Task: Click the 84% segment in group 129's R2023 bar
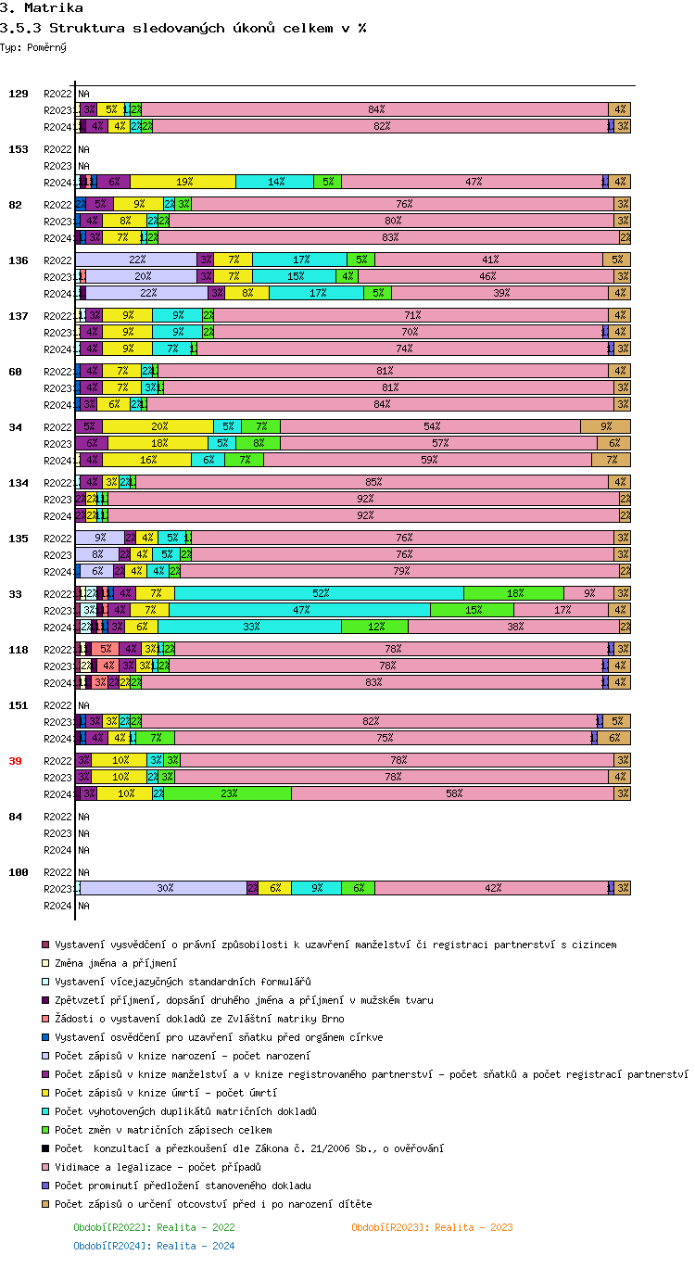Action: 375,109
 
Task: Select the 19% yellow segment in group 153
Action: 183,182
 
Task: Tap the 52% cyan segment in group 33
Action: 319,593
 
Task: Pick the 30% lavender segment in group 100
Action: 164,888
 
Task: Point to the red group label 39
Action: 15,761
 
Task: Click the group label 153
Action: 19,149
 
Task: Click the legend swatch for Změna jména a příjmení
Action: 44,963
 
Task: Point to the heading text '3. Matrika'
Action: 41,8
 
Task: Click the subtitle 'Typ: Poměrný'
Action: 33,47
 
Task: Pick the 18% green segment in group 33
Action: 513,593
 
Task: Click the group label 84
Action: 15,817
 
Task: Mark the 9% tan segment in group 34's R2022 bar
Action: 605,426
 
